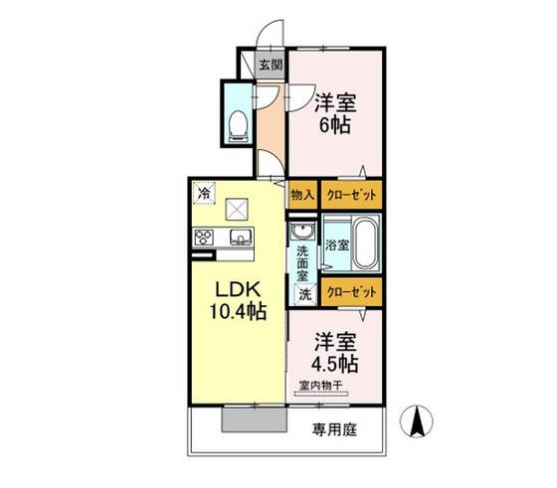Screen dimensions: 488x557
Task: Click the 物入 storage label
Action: coord(302,197)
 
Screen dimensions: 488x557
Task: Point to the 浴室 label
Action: coord(337,244)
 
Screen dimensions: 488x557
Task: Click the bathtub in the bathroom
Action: coord(365,244)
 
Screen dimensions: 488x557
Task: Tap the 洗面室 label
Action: coord(303,261)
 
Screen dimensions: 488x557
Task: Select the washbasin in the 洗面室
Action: coord(302,234)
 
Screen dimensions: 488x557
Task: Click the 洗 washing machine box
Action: coord(303,293)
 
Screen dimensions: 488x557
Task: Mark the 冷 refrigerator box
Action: coord(203,193)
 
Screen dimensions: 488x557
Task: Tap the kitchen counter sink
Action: coord(240,238)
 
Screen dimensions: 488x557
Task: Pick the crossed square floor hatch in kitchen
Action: coord(238,209)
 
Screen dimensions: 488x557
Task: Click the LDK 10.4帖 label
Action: coord(239,300)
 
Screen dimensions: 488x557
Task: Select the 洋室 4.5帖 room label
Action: coord(335,351)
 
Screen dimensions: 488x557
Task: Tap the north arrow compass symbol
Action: coord(419,422)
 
